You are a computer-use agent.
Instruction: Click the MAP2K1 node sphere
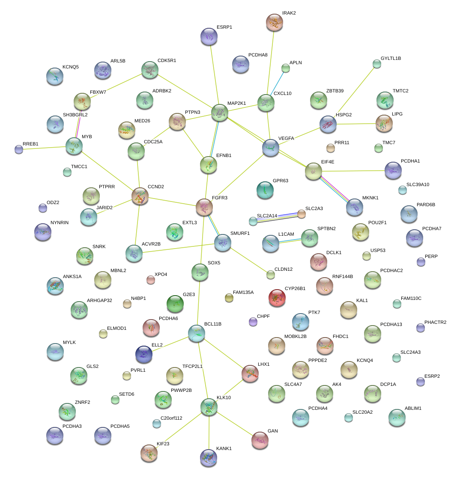pos(219,113)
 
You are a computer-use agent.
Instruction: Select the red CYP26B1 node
pos(277,298)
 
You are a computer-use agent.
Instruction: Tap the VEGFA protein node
pos(271,147)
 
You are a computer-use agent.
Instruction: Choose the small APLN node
pos(286,68)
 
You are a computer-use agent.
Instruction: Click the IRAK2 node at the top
pos(274,22)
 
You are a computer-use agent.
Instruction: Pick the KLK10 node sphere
pos(209,407)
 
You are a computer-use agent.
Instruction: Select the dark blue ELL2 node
pos(144,354)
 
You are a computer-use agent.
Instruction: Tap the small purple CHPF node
pos(253,321)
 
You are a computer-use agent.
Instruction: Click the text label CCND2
pos(156,187)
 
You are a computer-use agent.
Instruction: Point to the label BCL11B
pos(213,324)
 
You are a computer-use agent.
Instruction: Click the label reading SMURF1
pos(240,233)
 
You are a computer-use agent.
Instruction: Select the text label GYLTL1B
pos(391,58)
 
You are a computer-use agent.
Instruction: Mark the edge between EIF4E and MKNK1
pos(334,189)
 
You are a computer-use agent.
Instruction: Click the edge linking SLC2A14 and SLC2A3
pos(278,217)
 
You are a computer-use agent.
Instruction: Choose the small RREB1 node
pos(19,149)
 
